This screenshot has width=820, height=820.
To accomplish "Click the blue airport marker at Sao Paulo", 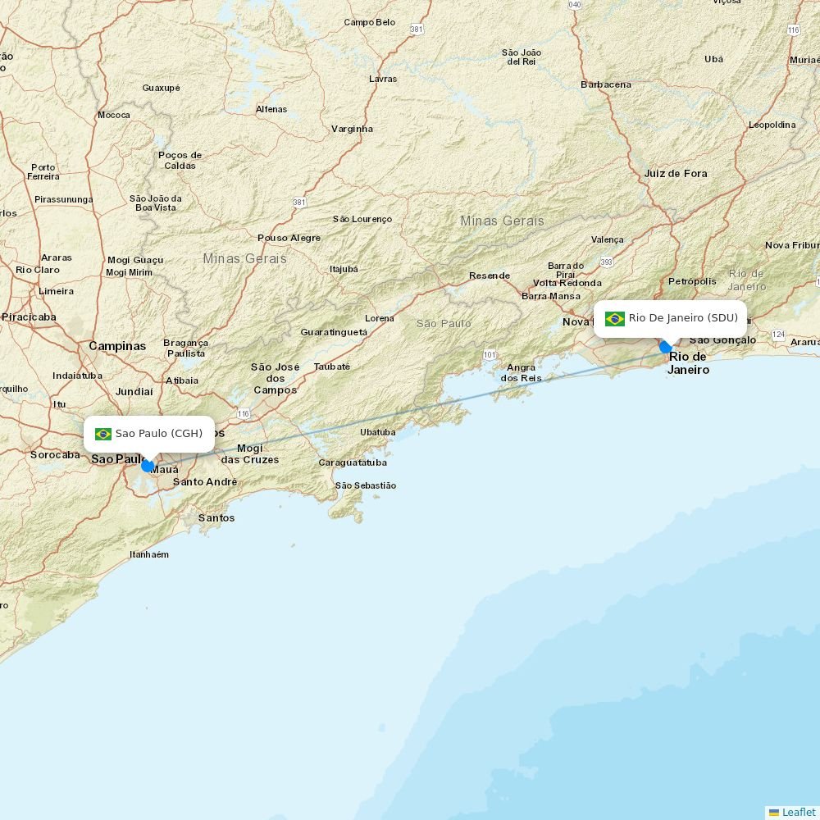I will click(x=148, y=466).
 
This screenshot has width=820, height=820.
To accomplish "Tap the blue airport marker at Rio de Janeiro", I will click(x=666, y=347).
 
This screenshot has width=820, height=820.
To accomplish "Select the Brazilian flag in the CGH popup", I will click(x=103, y=434).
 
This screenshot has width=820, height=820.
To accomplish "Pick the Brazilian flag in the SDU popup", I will click(x=615, y=318).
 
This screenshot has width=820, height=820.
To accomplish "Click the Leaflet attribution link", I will click(x=798, y=812).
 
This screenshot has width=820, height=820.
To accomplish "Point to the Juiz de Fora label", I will click(x=675, y=173).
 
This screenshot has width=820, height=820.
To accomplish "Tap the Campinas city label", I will click(x=117, y=346).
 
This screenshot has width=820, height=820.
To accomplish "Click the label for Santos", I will click(x=216, y=517).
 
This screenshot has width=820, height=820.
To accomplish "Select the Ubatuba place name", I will click(x=377, y=432).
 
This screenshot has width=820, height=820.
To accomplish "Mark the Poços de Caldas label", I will click(x=180, y=160).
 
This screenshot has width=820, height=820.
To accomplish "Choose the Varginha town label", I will click(x=352, y=129).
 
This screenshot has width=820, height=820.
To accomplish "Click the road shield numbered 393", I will click(x=606, y=262).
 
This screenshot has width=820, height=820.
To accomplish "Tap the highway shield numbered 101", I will click(x=490, y=354).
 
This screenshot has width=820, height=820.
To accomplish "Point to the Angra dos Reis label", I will click(x=522, y=372).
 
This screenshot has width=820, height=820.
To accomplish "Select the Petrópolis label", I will click(x=692, y=281).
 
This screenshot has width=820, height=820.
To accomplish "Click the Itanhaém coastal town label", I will click(x=149, y=554).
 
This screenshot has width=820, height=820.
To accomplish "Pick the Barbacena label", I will click(x=606, y=84).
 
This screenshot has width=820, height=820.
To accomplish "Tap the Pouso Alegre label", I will click(x=289, y=238).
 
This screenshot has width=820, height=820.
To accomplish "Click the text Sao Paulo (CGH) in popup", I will click(x=158, y=434).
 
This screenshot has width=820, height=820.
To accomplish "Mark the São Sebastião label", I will click(x=366, y=485).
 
